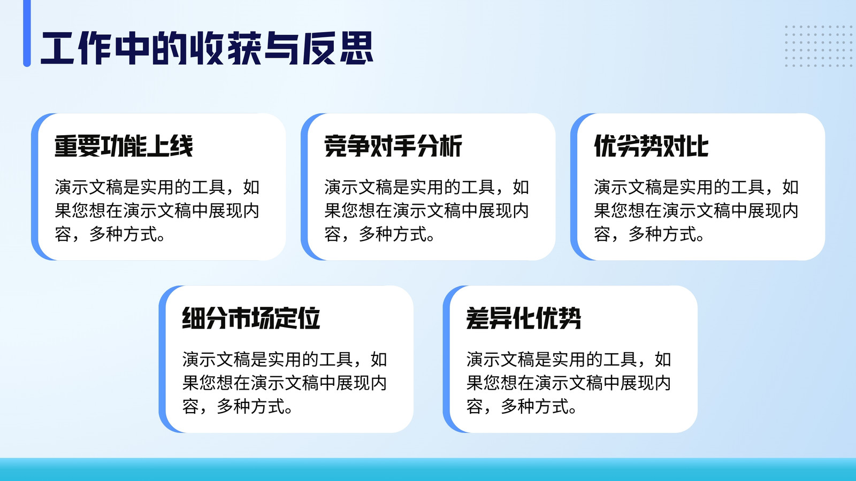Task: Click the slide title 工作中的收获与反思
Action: click(207, 49)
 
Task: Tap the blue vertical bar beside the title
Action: click(27, 33)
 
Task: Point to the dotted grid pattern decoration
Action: click(818, 46)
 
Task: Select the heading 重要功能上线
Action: click(124, 146)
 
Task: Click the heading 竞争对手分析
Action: click(393, 146)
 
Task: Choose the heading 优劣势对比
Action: click(651, 146)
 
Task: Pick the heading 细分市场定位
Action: click(251, 318)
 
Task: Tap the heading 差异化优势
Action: click(524, 318)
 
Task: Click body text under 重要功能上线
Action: click(157, 211)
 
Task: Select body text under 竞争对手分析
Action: click(427, 211)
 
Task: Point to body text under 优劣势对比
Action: click(696, 211)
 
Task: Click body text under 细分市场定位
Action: click(285, 383)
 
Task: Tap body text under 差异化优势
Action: click(569, 383)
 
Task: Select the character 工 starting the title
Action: click(57, 49)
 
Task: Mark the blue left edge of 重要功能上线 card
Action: click(35, 187)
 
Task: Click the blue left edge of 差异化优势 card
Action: click(446, 359)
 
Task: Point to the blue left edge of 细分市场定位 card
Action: click(163, 359)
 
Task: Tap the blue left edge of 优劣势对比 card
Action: click(574, 187)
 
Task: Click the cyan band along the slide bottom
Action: click(428, 470)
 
